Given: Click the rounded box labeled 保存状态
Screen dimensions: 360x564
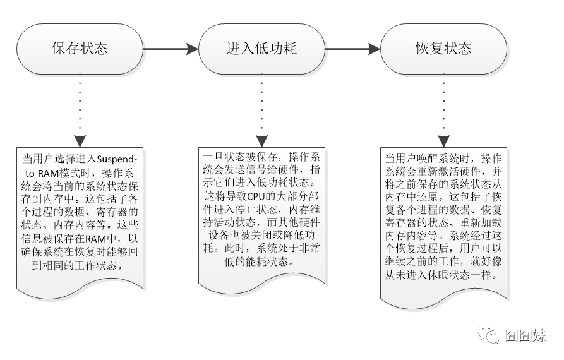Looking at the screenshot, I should pos(80,49).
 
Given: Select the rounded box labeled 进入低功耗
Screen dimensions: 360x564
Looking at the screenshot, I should pos(261,49).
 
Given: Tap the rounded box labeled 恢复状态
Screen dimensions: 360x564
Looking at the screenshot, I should pos(443,49).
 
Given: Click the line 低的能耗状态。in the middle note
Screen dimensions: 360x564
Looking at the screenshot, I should pos(261,261).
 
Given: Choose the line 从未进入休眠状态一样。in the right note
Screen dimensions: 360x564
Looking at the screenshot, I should pos(443,276).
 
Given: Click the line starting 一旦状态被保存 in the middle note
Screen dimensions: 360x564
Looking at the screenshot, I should pos(261,157).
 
